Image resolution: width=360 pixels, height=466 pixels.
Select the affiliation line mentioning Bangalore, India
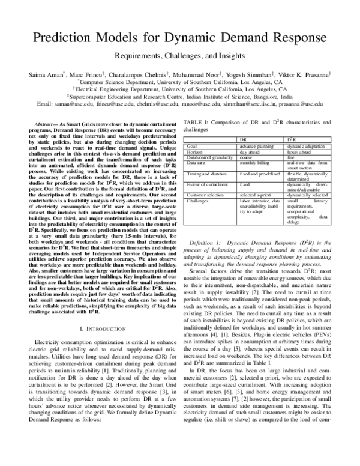180,95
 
